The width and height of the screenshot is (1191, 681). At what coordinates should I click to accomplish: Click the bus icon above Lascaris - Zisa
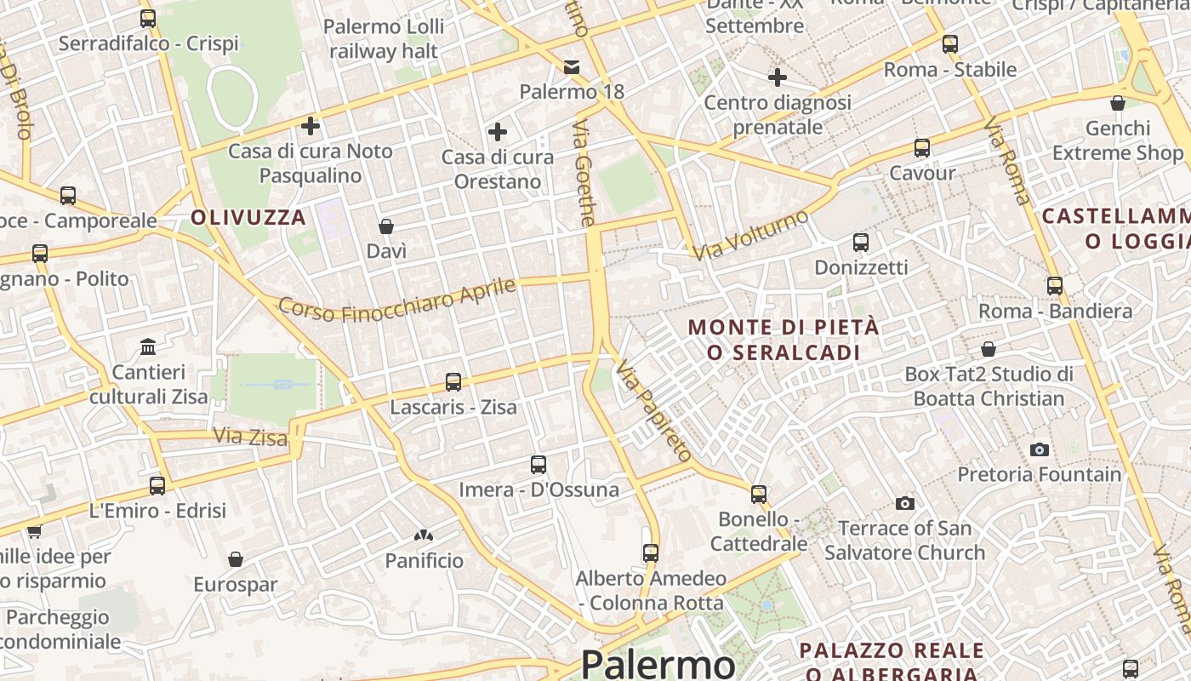point(453,382)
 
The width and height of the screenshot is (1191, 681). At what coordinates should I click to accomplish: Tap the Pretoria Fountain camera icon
point(1039,449)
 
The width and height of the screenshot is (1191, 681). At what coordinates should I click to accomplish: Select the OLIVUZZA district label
point(248,217)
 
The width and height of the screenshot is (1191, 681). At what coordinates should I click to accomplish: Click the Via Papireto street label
point(652,410)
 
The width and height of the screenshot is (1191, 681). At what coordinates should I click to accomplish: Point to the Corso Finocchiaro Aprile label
point(397,300)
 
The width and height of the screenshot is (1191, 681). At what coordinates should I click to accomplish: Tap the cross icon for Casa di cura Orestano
point(498,132)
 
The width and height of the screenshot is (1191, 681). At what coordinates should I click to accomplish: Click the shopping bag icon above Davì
point(386,226)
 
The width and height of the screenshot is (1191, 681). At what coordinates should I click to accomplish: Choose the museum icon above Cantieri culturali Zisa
point(148,347)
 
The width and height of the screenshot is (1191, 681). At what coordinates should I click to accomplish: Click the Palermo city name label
point(658,664)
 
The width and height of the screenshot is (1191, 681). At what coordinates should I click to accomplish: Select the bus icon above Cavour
point(922,148)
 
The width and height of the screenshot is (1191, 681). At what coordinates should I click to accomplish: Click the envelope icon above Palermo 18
point(572,66)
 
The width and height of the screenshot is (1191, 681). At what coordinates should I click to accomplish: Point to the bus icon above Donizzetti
point(861,243)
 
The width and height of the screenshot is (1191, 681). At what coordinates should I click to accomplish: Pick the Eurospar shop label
point(236,585)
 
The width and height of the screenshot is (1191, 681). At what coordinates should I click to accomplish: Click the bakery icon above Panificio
point(424,535)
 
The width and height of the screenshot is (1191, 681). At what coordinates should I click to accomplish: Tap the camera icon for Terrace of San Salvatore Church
point(905,503)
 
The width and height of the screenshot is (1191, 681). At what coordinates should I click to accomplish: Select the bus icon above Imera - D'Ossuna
point(539,465)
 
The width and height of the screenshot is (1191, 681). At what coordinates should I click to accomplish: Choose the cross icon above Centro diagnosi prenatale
point(778,77)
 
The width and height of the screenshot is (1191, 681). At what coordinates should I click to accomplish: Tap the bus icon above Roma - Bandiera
point(1055,286)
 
